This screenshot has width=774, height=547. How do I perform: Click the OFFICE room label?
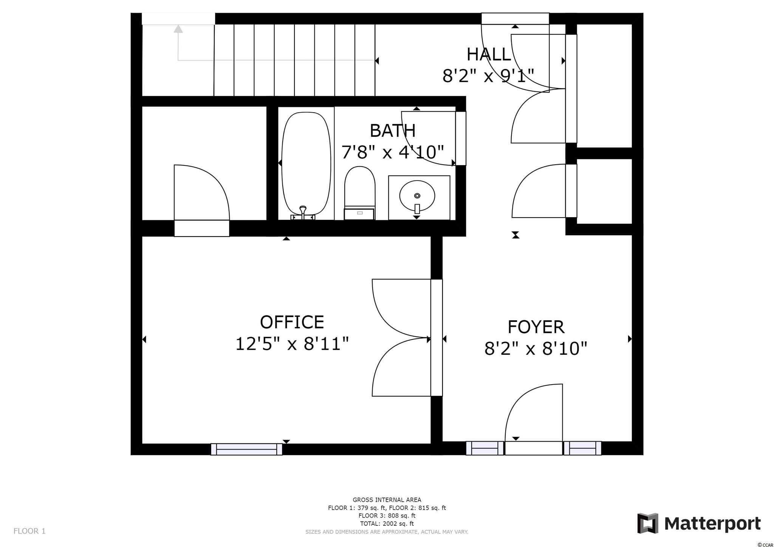(292, 322)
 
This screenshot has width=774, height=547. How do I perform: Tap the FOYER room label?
(536, 327)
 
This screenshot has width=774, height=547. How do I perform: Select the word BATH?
(393, 131)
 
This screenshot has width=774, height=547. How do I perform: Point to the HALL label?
(489, 54)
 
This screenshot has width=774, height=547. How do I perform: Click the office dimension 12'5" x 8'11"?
(292, 344)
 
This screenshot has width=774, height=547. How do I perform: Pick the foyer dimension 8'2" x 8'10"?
(536, 348)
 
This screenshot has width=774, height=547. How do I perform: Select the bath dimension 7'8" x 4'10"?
(393, 152)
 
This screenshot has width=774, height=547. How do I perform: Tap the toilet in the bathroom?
(359, 193)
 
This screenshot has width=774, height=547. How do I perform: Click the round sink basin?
(417, 196)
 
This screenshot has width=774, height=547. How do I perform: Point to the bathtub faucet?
(303, 212)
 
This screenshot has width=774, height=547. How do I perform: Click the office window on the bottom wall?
(246, 449)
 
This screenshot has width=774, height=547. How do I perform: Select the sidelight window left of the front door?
(485, 448)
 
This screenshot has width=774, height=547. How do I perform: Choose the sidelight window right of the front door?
(582, 448)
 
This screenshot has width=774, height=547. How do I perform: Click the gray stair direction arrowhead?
(178, 29)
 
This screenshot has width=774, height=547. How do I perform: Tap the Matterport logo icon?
(648, 524)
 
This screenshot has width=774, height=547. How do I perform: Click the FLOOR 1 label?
(29, 531)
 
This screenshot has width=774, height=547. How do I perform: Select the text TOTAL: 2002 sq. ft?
(387, 524)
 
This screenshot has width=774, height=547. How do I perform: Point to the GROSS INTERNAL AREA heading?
(387, 500)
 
